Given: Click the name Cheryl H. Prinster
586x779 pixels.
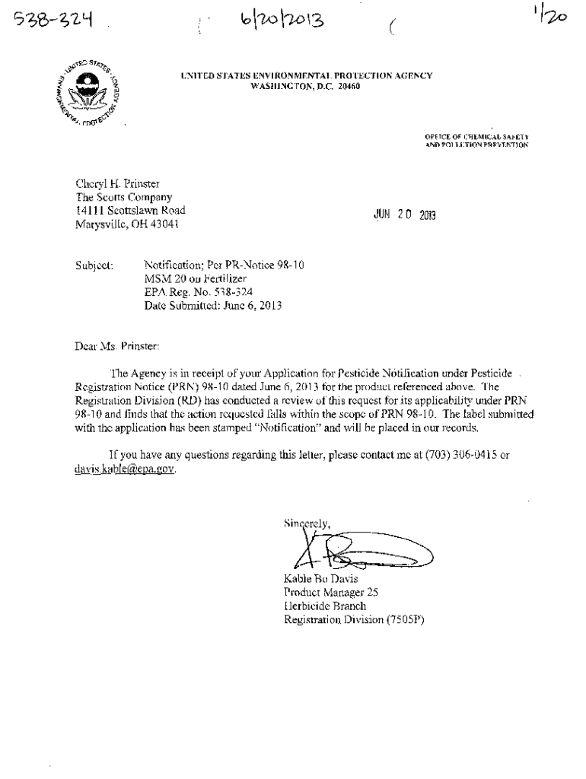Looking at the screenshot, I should (x=117, y=183).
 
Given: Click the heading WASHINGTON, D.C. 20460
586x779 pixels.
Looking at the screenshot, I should (x=306, y=86).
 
